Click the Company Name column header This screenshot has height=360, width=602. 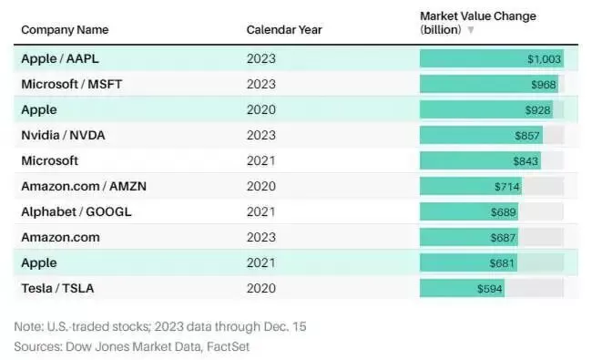click(x=65, y=30)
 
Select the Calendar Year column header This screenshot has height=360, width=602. click(x=284, y=30)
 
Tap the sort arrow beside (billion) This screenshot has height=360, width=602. click(x=471, y=30)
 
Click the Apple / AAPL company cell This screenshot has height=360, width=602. click(x=60, y=58)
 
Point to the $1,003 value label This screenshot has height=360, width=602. click(x=544, y=59)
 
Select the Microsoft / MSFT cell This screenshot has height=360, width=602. click(x=72, y=84)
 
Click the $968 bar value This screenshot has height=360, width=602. click(x=544, y=85)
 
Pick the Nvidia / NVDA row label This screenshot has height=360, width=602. click(x=64, y=135)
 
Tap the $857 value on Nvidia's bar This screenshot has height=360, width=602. click(x=527, y=136)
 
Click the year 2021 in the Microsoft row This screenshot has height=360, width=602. click(x=261, y=160)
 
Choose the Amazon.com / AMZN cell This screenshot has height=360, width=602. click(x=84, y=186)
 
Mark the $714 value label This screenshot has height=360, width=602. click(x=506, y=187)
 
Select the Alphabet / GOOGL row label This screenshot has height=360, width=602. click(x=77, y=211)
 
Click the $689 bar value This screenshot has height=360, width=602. click(x=504, y=212)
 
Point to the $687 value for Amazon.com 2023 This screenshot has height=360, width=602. click(x=503, y=238)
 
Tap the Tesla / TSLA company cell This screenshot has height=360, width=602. click(x=57, y=288)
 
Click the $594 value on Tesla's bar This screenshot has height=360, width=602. click(x=489, y=289)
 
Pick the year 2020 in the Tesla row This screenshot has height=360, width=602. click(x=261, y=288)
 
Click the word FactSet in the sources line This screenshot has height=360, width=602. click(x=228, y=346)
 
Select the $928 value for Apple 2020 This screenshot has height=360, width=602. click(x=538, y=110)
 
